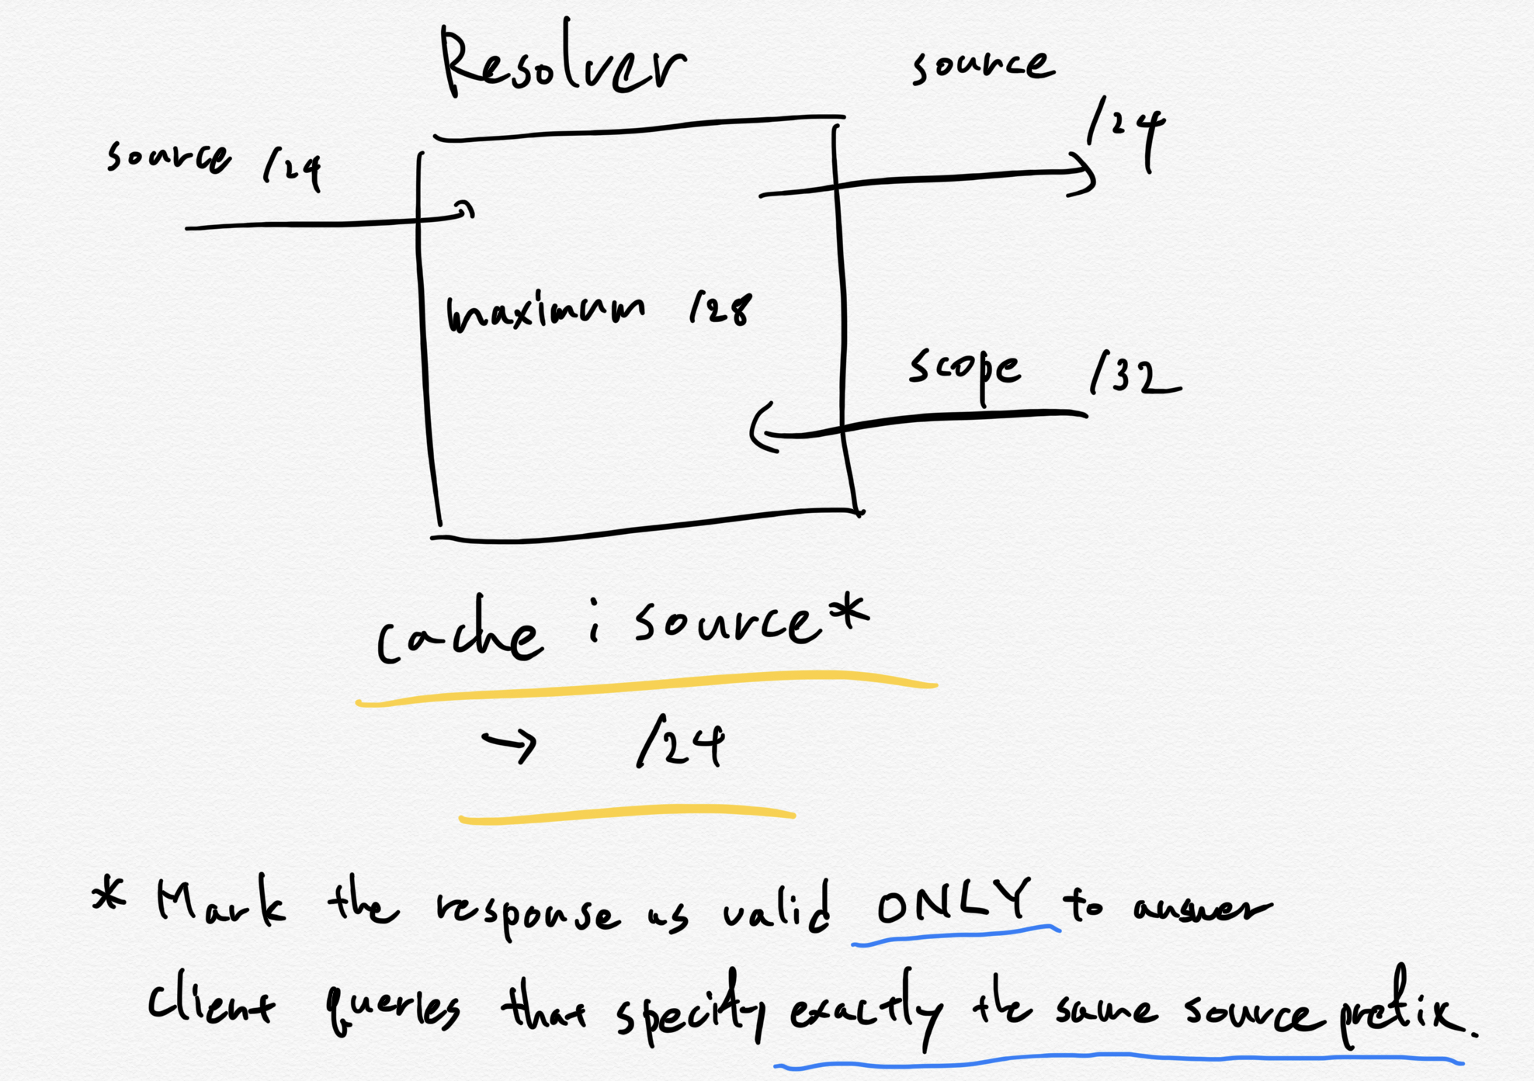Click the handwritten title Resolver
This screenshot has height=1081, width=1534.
[x=562, y=62]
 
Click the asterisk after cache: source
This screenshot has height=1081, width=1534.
[x=847, y=612]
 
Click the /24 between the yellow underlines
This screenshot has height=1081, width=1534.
[x=680, y=743]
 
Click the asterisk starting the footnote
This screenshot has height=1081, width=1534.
[x=108, y=896]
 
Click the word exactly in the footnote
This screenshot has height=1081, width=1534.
[x=866, y=1009]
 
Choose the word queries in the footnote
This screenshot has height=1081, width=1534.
[x=392, y=1009]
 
